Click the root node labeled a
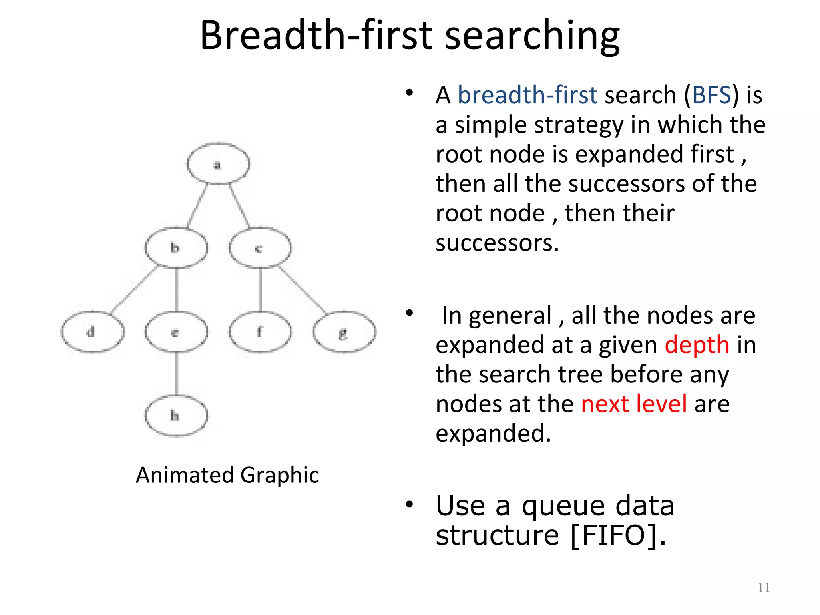(x=218, y=164)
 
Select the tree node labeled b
(x=176, y=248)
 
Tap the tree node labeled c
(x=260, y=248)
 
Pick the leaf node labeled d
(x=92, y=332)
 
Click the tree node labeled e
(x=176, y=332)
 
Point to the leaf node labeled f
(x=260, y=332)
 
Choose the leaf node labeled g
(x=344, y=332)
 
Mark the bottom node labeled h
(x=176, y=416)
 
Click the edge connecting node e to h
(x=176, y=373)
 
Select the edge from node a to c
(x=239, y=205)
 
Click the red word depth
(x=697, y=345)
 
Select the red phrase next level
(x=634, y=404)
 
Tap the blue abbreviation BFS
(x=711, y=95)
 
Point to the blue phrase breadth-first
(x=527, y=95)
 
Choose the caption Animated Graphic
(x=227, y=475)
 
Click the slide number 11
(x=764, y=587)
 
